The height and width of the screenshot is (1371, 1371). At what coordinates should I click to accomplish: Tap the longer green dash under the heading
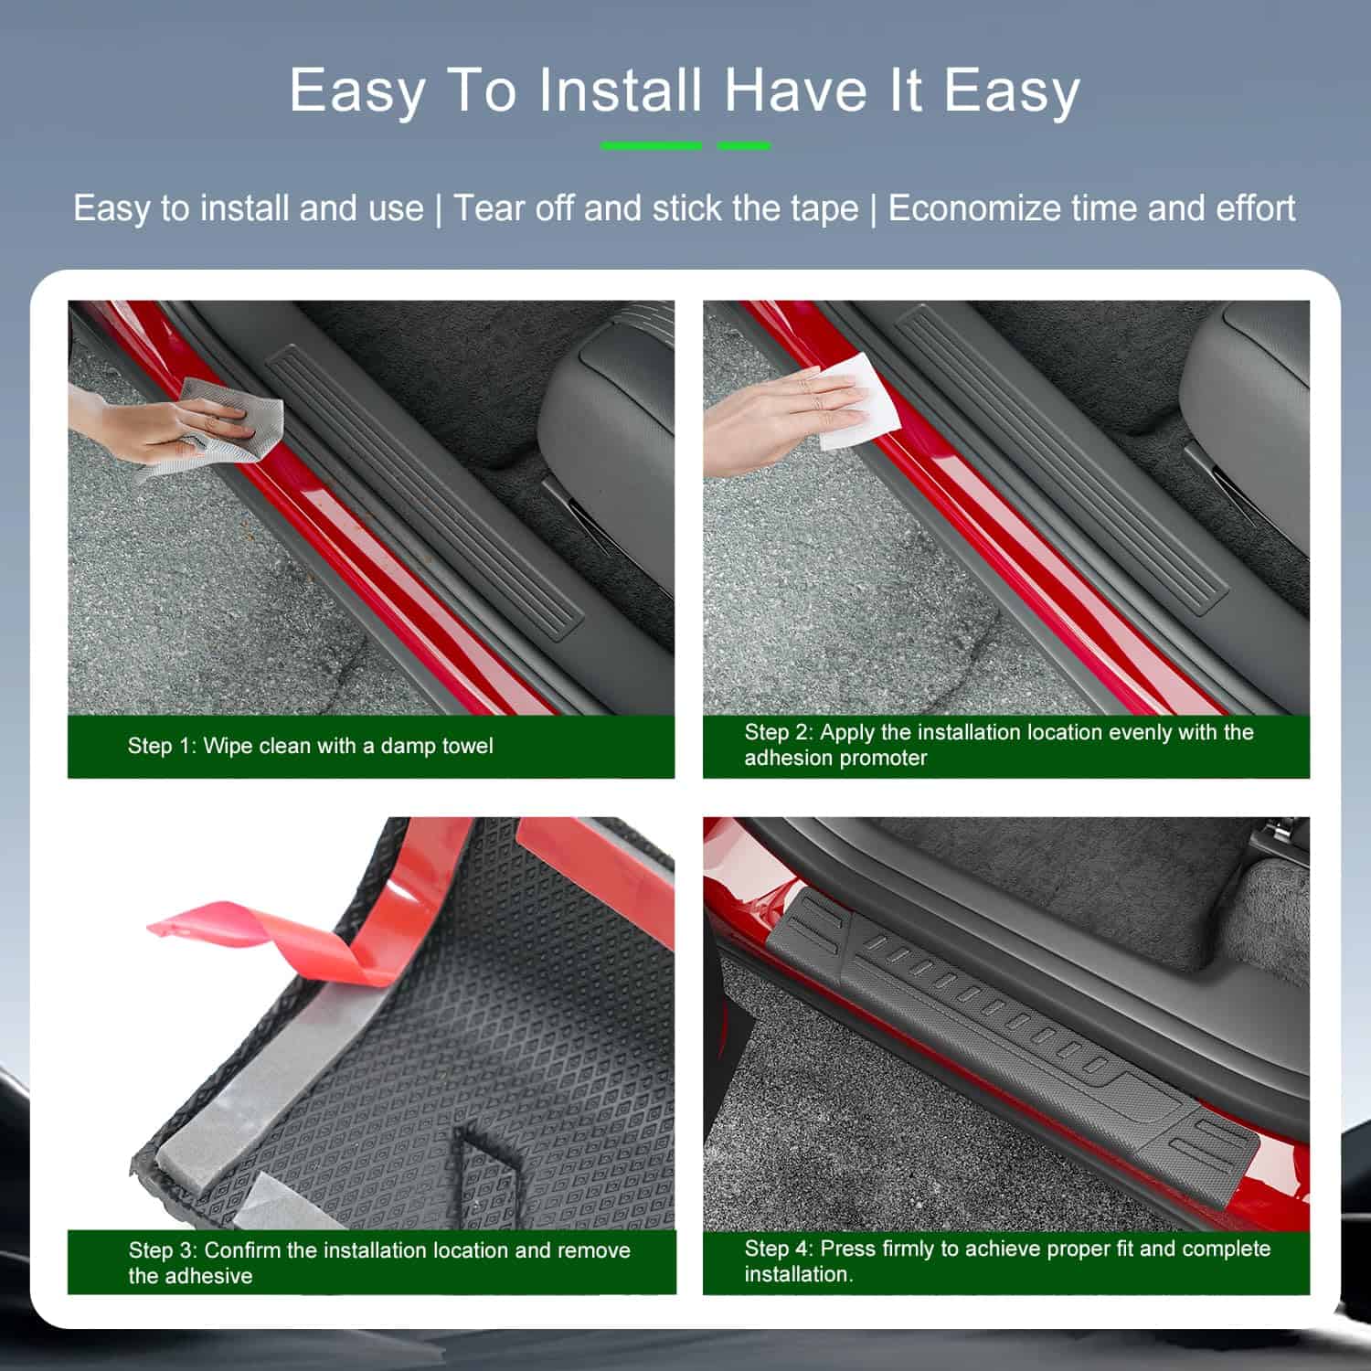click(651, 145)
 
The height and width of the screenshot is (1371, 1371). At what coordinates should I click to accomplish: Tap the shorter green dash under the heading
click(744, 145)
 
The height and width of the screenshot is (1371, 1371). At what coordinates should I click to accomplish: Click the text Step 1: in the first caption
click(162, 746)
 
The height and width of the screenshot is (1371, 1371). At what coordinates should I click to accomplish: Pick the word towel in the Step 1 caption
click(467, 746)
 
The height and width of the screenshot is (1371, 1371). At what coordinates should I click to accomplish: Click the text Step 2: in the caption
click(779, 732)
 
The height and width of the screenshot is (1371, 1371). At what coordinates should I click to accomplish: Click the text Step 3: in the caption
click(163, 1250)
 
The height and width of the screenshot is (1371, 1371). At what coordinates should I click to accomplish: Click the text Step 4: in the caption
click(779, 1249)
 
